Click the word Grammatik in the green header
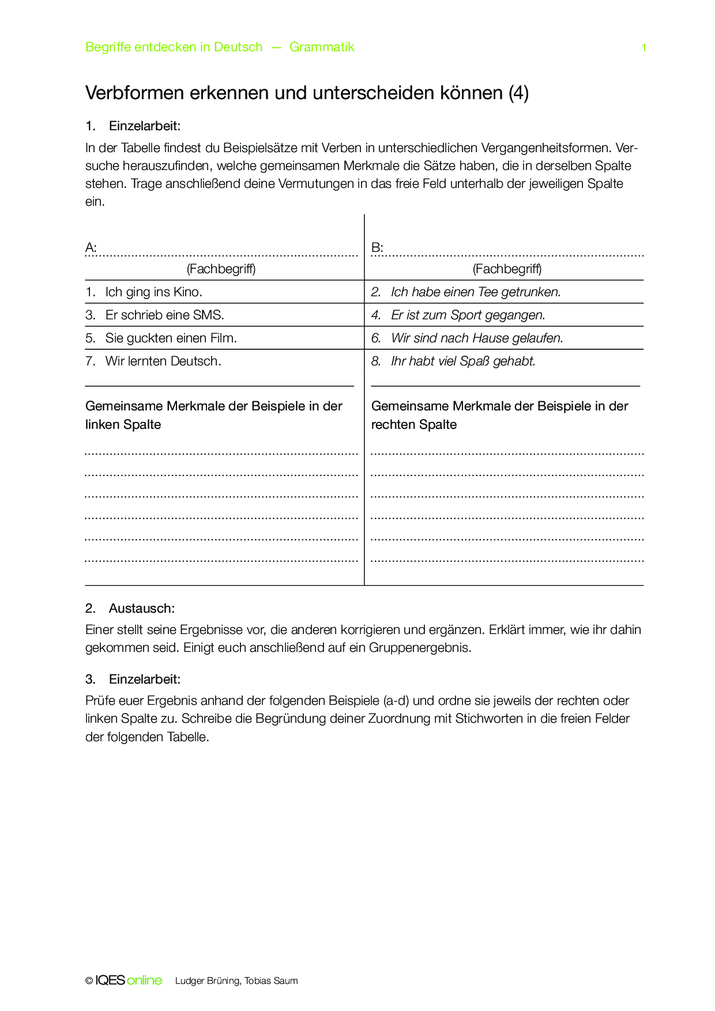322,47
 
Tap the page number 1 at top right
643,48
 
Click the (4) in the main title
518,93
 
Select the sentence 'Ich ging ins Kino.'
153,292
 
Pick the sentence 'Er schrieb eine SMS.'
164,315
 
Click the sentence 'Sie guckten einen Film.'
171,338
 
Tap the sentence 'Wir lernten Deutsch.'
163,361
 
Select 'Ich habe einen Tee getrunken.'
475,292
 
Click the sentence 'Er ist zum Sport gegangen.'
468,315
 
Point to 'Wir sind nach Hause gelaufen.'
477,338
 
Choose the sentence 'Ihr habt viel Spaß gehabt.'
463,361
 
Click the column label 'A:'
91,248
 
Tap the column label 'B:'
377,248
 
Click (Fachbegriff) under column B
507,269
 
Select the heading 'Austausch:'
141,609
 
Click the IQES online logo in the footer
129,980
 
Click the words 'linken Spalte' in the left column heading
123,425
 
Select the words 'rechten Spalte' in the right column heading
413,425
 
